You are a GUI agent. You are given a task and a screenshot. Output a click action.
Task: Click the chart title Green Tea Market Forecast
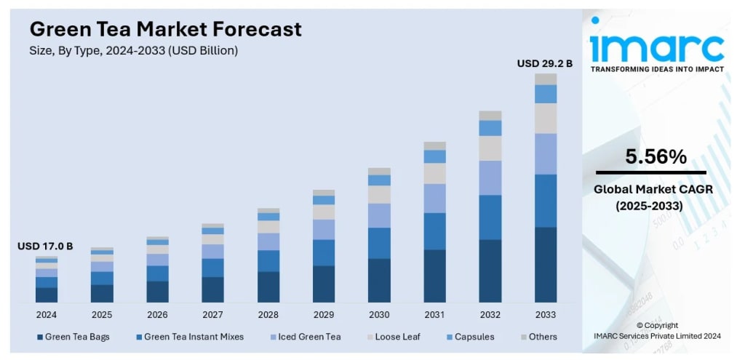tap(165, 29)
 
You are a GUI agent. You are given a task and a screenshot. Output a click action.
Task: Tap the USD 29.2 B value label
tap(545, 64)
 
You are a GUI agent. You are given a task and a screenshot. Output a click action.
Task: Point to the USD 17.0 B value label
tap(45, 247)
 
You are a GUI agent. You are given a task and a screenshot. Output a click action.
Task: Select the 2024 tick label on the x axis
tap(47, 315)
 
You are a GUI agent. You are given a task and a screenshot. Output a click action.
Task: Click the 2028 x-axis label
tap(268, 315)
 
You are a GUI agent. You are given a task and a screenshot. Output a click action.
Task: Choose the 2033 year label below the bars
tap(546, 315)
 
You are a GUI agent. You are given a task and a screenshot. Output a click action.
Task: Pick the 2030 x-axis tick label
tap(379, 315)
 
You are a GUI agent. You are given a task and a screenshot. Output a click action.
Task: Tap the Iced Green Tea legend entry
tap(305, 337)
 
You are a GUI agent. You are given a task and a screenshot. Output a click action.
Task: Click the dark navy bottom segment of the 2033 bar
tap(546, 265)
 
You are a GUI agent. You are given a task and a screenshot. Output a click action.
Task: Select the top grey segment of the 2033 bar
tap(546, 79)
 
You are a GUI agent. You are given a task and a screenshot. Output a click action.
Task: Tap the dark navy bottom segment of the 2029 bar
tap(324, 284)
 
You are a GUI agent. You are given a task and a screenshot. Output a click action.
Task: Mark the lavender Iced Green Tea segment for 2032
tap(490, 177)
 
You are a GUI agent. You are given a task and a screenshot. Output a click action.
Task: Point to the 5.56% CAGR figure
tap(656, 156)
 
